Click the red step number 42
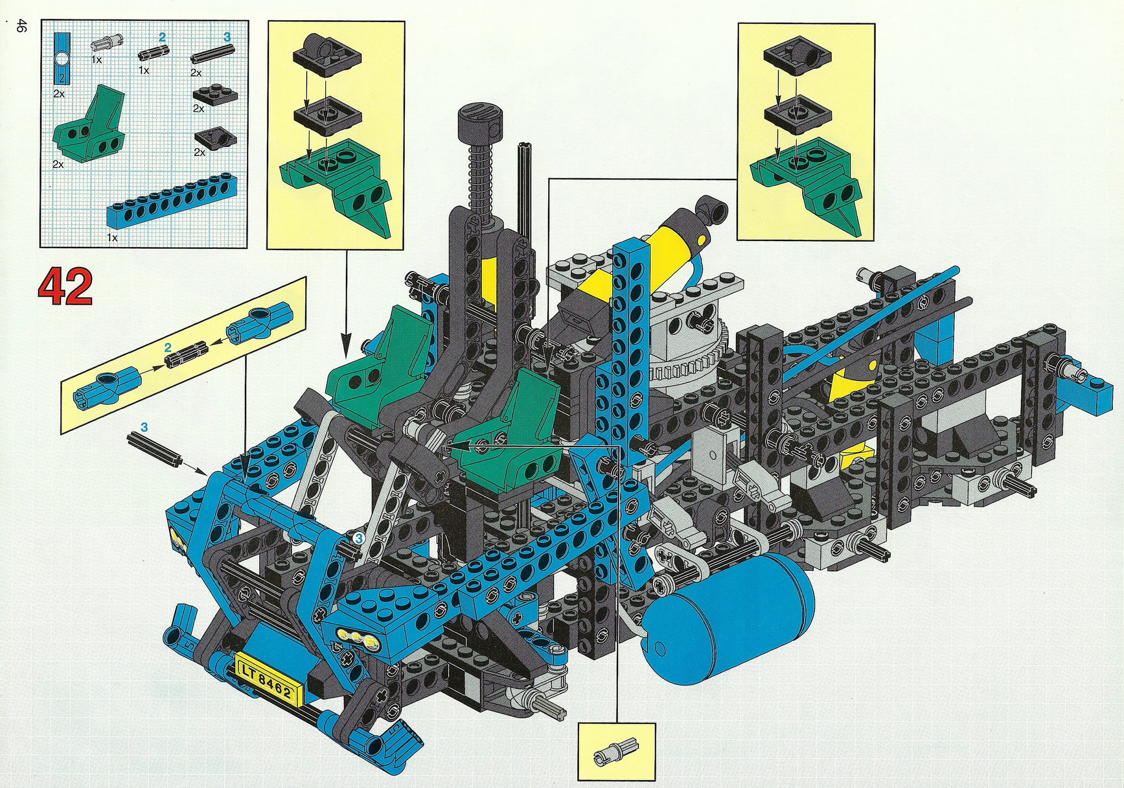coord(65,286)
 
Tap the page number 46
coord(21,26)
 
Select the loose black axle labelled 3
coord(153,449)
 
